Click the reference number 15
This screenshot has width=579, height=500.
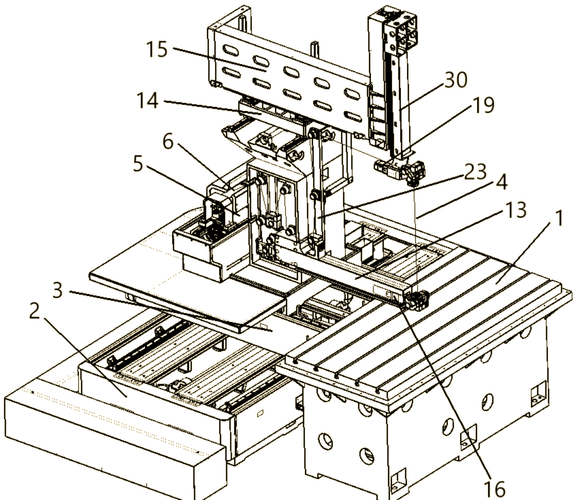point(157,49)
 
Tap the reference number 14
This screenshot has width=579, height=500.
point(148,100)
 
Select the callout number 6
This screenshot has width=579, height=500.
point(168,141)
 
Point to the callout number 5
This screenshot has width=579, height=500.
point(138,163)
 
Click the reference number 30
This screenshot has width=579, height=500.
point(456,80)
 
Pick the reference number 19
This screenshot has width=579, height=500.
point(484,105)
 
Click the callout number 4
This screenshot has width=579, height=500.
point(501,182)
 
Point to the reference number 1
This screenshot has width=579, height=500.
point(559,218)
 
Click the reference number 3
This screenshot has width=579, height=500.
point(57,290)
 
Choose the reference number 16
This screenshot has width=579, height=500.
point(494,489)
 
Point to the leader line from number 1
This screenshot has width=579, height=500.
point(525,253)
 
